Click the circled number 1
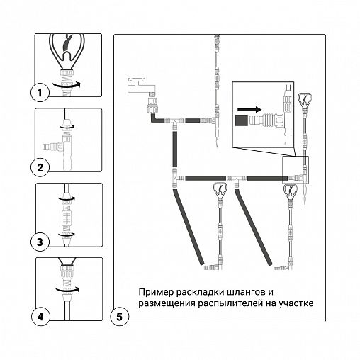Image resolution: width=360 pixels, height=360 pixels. coord(40,93)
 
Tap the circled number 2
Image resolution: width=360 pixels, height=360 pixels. coord(40,167)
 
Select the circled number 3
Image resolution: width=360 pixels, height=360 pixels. coord(40,242)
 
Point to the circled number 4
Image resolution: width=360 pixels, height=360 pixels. coord(40,317)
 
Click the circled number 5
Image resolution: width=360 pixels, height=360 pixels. coord(120,317)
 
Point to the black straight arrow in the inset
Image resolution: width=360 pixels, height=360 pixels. coord(249,110)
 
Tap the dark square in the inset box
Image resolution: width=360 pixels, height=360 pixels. coord(242,120)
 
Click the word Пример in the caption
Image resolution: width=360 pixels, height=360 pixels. coord(156,292)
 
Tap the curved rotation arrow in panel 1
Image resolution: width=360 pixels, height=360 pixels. coord(67,84)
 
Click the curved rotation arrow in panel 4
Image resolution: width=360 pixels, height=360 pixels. coord(67,289)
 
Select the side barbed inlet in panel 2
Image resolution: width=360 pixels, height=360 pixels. coord(50,147)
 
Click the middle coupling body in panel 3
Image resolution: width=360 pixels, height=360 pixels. coord(67,217)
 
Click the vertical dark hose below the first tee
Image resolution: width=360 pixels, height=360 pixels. coord(175,150)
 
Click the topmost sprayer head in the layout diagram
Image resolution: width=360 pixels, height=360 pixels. coord(305,101)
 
